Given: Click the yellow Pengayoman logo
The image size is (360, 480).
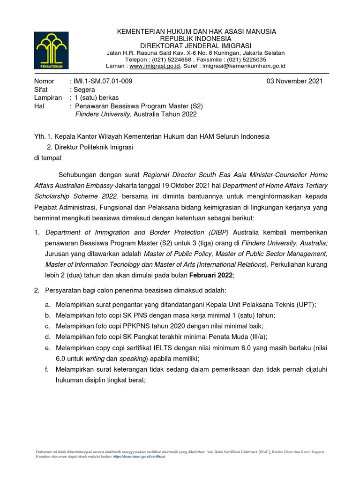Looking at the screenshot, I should click(51, 50).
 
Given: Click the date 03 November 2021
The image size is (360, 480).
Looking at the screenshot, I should click(294, 81).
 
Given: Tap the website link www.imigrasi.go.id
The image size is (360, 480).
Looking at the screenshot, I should click(155, 67).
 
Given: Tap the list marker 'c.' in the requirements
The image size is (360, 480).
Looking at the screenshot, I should click(48, 326).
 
